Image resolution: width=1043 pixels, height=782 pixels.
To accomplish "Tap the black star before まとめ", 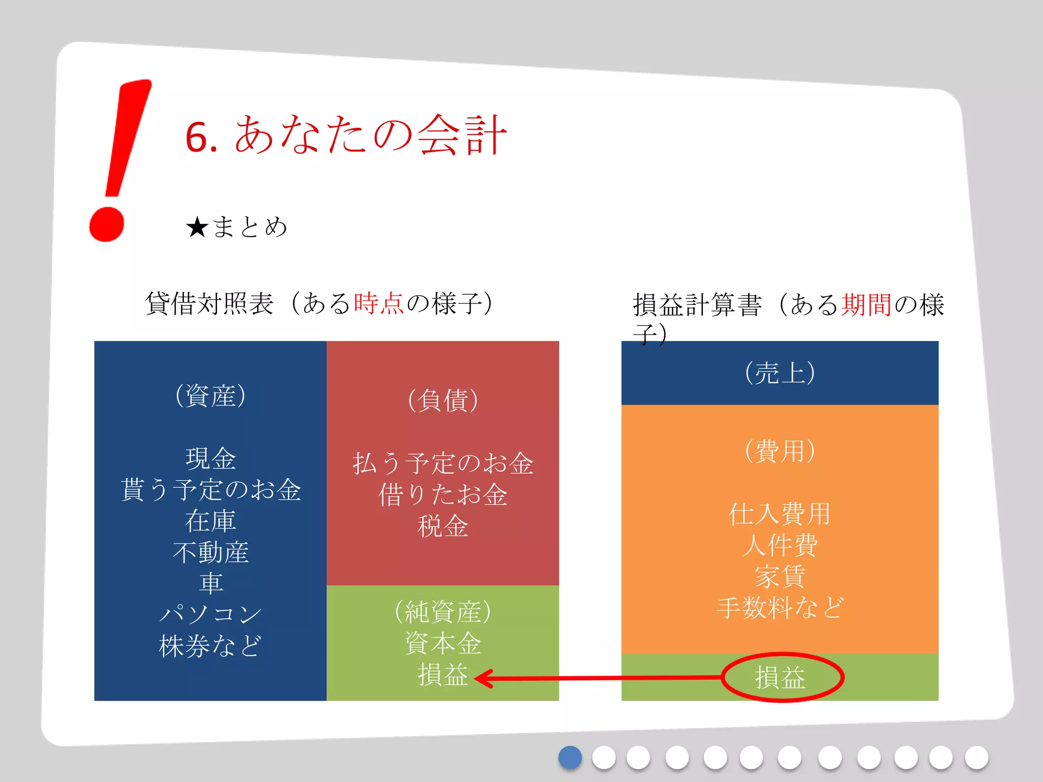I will point(197,227).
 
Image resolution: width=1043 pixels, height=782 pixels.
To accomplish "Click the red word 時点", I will point(378,303).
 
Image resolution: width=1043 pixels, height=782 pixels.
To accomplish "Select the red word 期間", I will point(866,305).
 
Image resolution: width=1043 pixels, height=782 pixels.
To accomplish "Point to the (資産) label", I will point(210,396).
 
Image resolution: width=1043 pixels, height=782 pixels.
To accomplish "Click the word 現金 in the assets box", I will point(210,458).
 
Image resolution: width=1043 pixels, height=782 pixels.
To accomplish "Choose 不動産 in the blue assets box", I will point(210,552).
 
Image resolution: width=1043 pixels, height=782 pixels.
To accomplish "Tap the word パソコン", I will point(210,614).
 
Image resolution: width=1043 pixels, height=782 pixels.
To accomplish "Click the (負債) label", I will point(443,400).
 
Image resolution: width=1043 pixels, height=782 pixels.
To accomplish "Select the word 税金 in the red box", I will point(443,526).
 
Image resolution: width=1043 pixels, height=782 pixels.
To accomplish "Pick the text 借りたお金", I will point(443,494).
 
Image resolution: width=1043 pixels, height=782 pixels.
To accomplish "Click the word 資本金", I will point(443,643).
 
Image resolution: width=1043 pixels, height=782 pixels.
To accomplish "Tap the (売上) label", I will point(780,373).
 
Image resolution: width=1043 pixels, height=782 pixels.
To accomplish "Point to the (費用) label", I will point(780,451).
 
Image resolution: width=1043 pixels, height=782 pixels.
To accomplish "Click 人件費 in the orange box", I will point(780,545).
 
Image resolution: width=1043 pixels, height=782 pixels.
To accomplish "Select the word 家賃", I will point(780,576).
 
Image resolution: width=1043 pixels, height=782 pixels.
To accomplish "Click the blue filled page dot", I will point(570,758).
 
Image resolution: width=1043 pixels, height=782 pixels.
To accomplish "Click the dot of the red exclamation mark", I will point(107,224).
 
